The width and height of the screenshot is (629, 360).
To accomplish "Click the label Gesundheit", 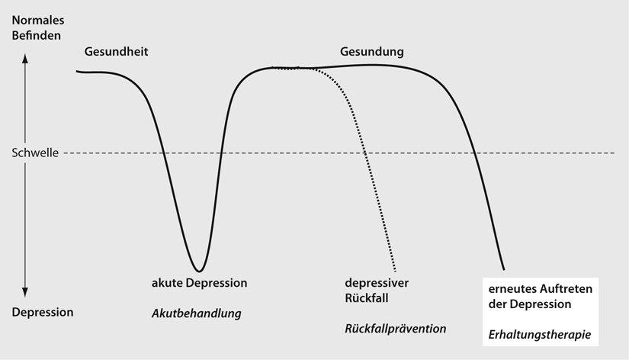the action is (115, 52).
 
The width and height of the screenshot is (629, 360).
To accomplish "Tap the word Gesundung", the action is (371, 52).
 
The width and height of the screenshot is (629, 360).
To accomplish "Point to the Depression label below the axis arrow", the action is (43, 312).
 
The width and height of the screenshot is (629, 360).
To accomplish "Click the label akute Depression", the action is (200, 283).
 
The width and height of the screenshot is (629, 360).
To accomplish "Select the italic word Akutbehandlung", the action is (197, 313).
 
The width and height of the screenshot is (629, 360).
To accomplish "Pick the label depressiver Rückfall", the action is (372, 289).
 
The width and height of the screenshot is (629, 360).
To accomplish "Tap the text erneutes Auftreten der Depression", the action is (541, 297).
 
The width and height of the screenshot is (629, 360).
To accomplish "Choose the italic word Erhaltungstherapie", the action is (541, 334).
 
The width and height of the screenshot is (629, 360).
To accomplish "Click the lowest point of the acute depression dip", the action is (199, 271).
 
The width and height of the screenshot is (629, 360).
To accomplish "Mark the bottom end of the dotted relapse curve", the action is (396, 270).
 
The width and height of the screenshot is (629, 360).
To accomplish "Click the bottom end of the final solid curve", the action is (504, 269).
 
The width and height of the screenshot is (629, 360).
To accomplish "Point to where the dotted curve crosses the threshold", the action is (366, 153).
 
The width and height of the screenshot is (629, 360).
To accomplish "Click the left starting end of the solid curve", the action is (77, 71).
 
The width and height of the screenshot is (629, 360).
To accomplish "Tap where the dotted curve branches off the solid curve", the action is (276, 68).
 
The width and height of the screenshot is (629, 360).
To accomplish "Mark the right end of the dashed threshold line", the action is (613, 153).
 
